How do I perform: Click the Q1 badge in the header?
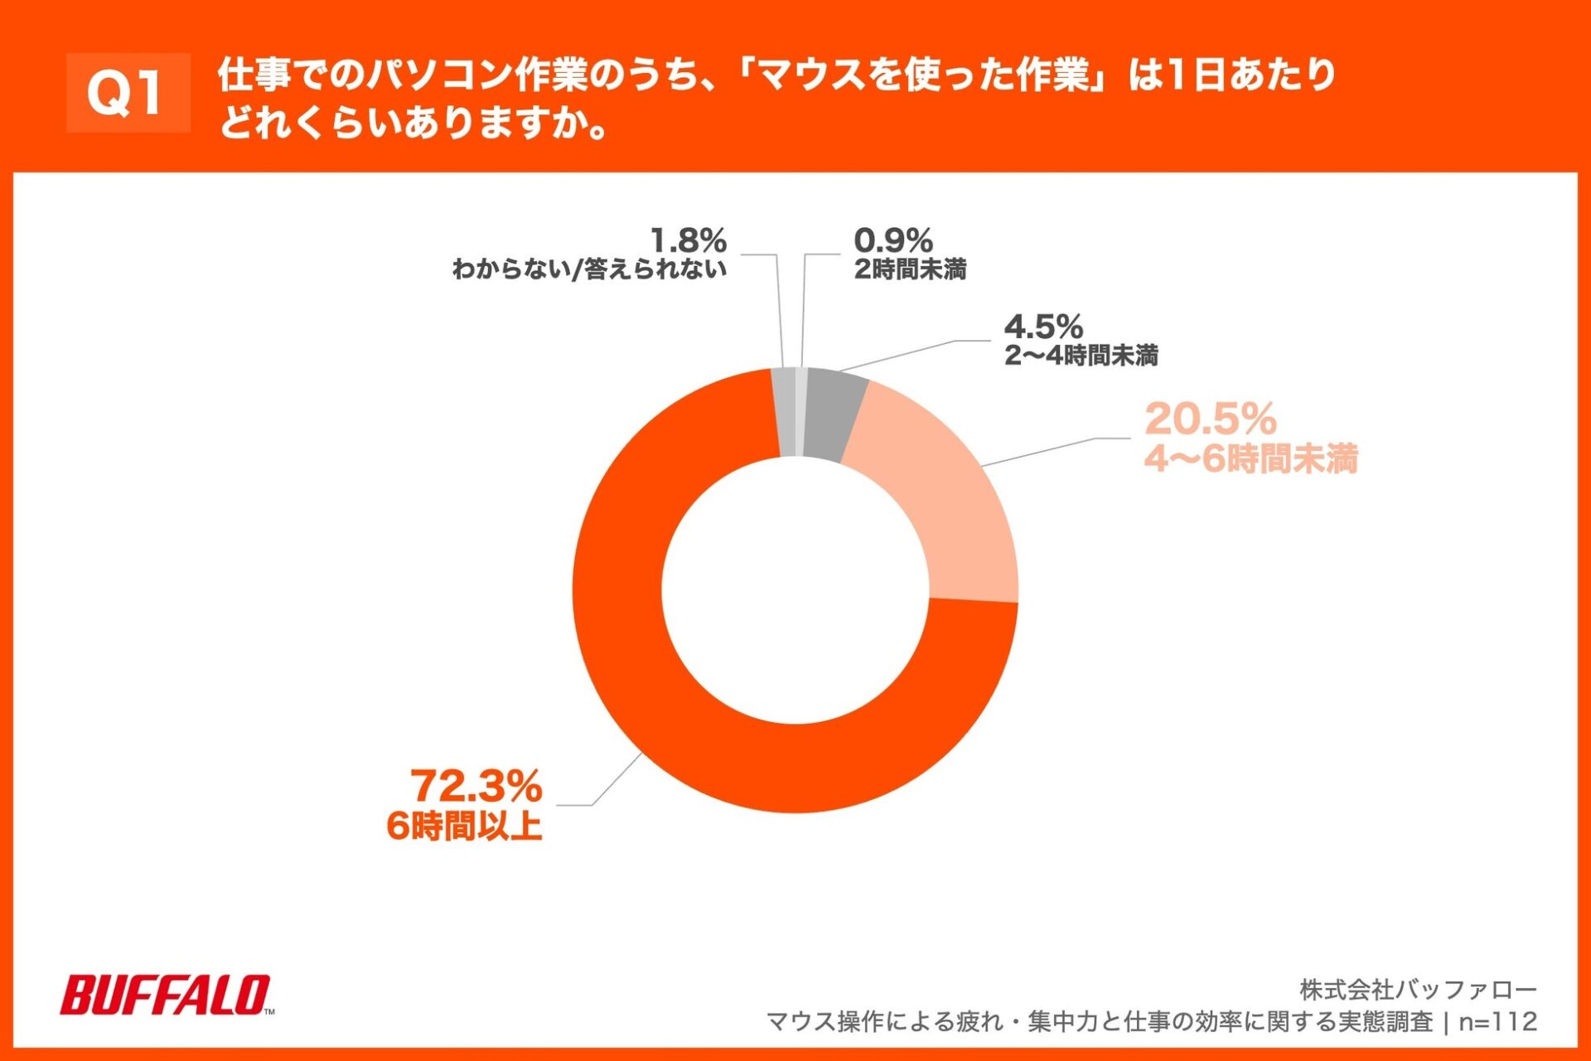click(x=128, y=93)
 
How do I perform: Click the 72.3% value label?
click(x=476, y=786)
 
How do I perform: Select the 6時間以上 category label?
click(x=464, y=826)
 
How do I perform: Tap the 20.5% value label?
click(x=1210, y=419)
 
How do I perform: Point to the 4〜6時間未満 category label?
click(x=1250, y=458)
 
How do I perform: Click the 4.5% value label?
click(x=1043, y=327)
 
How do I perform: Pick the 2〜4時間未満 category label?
click(x=1081, y=356)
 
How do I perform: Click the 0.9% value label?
click(x=892, y=241)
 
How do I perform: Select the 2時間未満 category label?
click(x=910, y=269)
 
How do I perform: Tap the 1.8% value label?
click(x=688, y=241)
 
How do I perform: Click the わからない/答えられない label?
click(x=589, y=269)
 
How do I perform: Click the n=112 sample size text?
click(x=1497, y=1021)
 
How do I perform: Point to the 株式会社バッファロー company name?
click(x=1418, y=990)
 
